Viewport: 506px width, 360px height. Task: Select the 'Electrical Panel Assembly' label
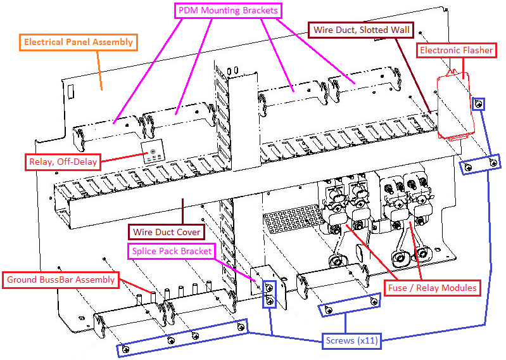(79, 42)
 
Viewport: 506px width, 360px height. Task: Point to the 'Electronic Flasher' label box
(455, 50)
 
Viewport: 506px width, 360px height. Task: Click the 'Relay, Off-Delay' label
(63, 162)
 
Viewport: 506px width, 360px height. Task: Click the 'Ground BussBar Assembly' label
(61, 280)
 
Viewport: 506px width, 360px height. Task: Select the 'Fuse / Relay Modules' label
(431, 288)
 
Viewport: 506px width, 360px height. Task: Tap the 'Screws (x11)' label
(351, 340)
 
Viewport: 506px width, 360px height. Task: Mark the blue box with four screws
(182, 337)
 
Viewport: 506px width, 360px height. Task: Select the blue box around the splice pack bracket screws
(270, 294)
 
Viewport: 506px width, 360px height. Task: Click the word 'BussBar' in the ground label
(69, 280)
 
